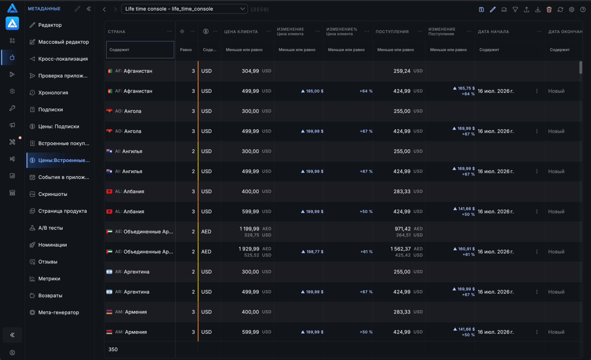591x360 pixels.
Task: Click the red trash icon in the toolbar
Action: (549, 9)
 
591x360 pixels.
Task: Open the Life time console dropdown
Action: (184, 9)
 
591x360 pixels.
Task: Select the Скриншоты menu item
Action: (53, 194)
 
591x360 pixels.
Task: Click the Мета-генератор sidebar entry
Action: (59, 312)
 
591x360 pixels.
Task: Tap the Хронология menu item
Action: (53, 93)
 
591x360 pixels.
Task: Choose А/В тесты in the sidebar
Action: (50, 228)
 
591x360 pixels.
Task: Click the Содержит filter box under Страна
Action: (140, 50)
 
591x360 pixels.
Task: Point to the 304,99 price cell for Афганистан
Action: (250, 71)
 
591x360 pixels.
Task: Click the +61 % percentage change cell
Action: (367, 252)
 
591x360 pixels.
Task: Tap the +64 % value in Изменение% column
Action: (366, 91)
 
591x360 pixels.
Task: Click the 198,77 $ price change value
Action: (312, 252)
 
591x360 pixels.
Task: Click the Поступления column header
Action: (392, 32)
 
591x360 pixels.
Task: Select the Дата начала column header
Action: (493, 32)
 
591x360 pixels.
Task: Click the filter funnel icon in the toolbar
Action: (515, 9)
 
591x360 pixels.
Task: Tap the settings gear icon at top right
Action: (571, 9)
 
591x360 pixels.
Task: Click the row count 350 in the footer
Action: (113, 349)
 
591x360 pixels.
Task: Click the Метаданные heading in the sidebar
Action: (44, 9)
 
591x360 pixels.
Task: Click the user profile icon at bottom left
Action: (12, 353)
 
